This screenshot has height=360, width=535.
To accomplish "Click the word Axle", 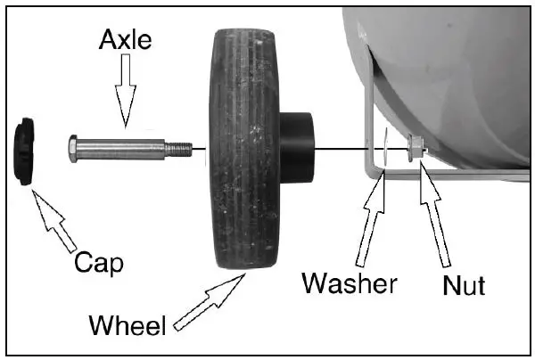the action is (125, 41).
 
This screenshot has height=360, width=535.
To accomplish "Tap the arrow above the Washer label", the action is (370, 218).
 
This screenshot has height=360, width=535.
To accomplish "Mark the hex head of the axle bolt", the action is (75, 147).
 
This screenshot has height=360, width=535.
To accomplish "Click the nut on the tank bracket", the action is (414, 147).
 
